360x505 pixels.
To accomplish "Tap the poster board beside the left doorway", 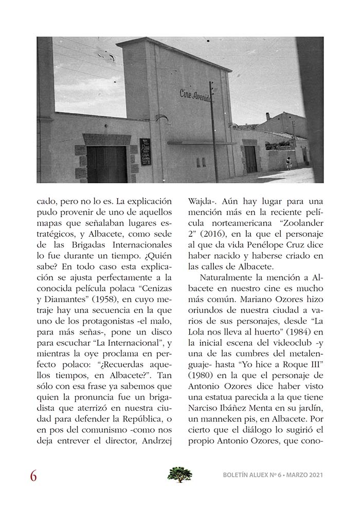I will point(146,151).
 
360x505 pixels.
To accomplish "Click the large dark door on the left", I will point(106,164).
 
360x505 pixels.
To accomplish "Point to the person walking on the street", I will point(289,163).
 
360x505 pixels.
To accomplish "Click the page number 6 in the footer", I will point(33,476).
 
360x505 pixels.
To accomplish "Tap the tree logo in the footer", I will point(179,474).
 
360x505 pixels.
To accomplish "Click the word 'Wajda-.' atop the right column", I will point(203,199).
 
